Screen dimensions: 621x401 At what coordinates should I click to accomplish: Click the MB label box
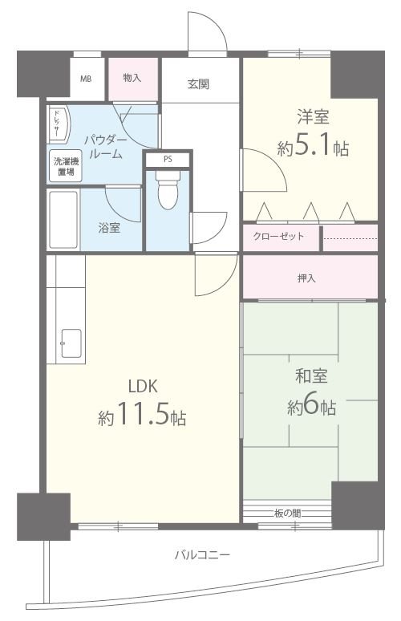point(85,79)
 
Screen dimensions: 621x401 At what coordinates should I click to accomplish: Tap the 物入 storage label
point(132,78)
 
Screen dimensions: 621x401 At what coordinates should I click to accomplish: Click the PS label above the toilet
point(168,159)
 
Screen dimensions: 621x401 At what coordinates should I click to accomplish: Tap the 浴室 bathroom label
point(109,227)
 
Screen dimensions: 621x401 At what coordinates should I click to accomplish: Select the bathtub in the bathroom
point(63,219)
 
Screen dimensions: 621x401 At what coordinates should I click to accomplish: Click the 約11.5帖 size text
point(143,416)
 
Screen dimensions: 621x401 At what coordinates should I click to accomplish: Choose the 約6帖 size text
point(311,407)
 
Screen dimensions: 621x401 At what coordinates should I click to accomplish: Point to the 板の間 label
point(285,512)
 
